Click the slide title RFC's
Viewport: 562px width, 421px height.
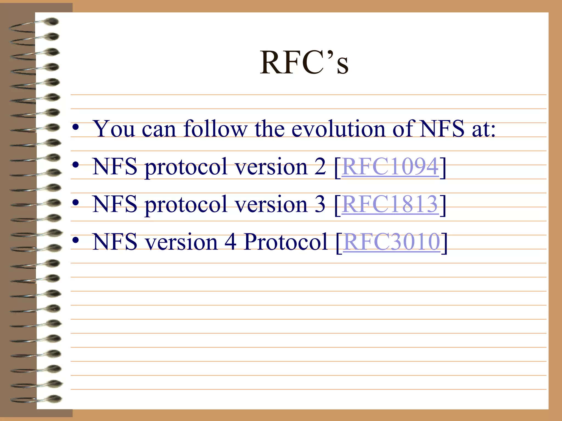point(304,63)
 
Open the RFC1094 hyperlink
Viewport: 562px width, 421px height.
point(390,167)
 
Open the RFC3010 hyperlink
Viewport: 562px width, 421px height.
point(392,242)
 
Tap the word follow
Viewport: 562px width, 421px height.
point(215,129)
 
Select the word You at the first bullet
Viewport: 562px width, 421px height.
point(114,129)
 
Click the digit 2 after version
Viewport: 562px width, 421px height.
point(320,167)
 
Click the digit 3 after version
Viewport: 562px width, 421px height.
point(320,204)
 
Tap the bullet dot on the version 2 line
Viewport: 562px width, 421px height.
point(76,165)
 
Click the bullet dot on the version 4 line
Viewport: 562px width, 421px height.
point(76,240)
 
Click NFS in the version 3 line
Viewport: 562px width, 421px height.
point(115,204)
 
